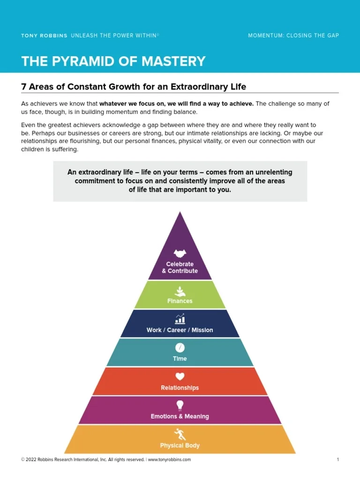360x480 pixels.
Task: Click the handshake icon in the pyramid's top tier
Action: pyautogui.click(x=180, y=254)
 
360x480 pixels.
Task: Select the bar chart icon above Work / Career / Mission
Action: pyautogui.click(x=180, y=319)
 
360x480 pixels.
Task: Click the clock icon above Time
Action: pyautogui.click(x=180, y=347)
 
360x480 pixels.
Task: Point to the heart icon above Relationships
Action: pyautogui.click(x=180, y=376)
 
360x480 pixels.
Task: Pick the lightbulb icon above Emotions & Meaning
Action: pyautogui.click(x=180, y=405)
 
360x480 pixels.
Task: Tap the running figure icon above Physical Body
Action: pyautogui.click(x=180, y=434)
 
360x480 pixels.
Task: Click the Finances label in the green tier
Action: pyautogui.click(x=180, y=301)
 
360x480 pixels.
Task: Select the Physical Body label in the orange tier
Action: pyautogui.click(x=180, y=445)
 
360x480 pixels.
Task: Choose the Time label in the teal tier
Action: pyautogui.click(x=180, y=359)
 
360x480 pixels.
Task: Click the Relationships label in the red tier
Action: pyautogui.click(x=180, y=388)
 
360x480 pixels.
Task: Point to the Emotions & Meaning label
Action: pyautogui.click(x=180, y=416)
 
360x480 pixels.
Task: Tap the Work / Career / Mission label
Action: pyautogui.click(x=180, y=330)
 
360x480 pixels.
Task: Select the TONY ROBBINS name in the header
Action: pyautogui.click(x=44, y=36)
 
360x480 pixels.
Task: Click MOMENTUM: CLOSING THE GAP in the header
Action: pyautogui.click(x=293, y=36)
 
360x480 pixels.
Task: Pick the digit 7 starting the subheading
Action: pyautogui.click(x=24, y=87)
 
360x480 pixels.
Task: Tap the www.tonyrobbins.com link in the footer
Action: pyautogui.click(x=169, y=460)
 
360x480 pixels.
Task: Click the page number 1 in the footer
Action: pyautogui.click(x=337, y=460)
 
